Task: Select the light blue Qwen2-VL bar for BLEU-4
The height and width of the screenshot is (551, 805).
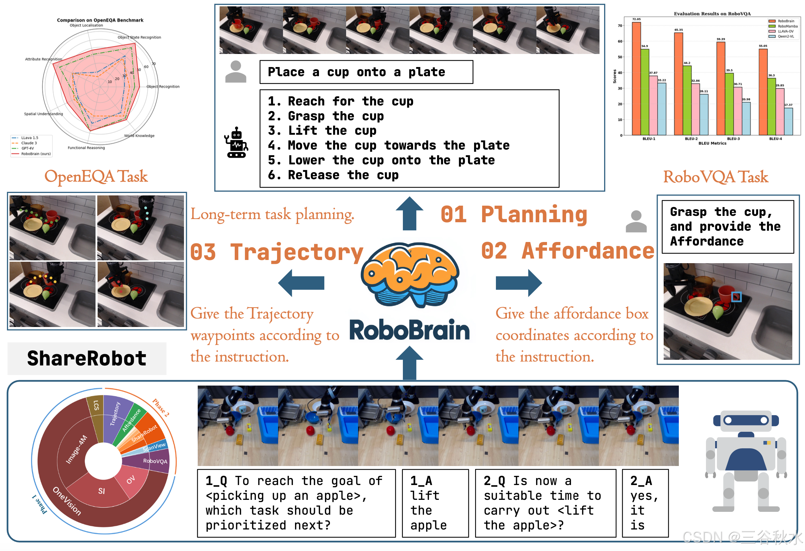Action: tap(788, 121)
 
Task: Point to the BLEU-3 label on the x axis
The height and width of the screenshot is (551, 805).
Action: tap(733, 139)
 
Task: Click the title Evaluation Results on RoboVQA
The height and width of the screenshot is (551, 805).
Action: tap(712, 14)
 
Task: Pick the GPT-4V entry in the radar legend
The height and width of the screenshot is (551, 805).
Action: tap(27, 148)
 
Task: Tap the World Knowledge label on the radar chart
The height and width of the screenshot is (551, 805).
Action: tap(139, 136)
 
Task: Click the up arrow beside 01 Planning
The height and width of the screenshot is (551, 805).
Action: tap(409, 213)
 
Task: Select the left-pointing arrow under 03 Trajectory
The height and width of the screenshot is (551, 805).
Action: tap(301, 283)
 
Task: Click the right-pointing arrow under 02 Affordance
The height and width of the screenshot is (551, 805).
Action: tap(518, 283)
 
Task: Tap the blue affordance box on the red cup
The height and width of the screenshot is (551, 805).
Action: tap(736, 297)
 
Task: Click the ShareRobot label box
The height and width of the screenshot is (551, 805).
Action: tap(87, 358)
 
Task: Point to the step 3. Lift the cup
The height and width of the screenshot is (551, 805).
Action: tap(322, 131)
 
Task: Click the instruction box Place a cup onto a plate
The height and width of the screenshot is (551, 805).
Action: tap(366, 72)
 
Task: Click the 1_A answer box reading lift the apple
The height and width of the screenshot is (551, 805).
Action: tap(435, 503)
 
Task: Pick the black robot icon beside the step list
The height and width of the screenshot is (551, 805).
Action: tap(236, 143)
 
